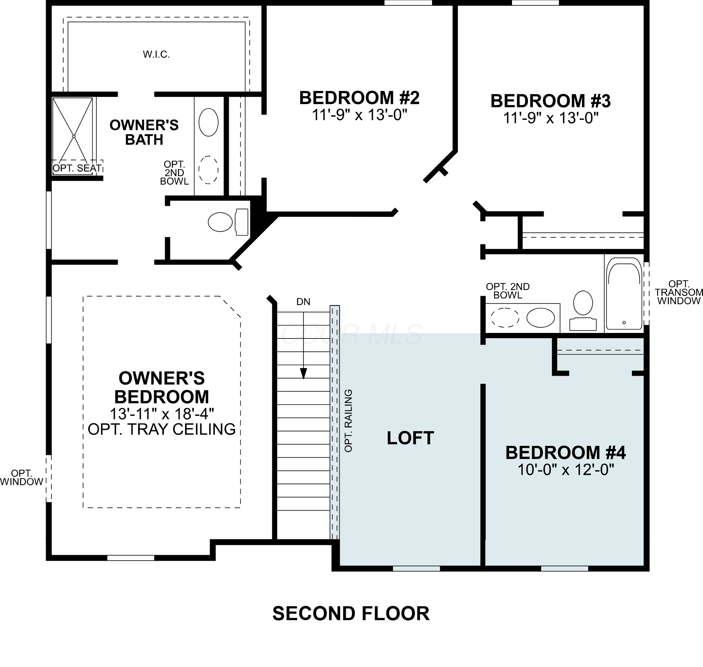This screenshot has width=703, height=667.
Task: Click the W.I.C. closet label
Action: [x=156, y=54]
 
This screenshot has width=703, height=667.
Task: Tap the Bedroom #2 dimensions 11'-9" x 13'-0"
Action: [x=359, y=115]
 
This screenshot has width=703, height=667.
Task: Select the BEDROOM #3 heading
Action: [x=550, y=101]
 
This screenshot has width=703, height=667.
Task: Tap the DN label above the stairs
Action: [x=303, y=302]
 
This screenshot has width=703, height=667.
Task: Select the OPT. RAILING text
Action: [x=348, y=421]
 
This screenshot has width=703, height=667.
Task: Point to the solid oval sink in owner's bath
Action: [x=208, y=122]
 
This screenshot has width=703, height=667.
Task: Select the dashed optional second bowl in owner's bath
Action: [x=208, y=170]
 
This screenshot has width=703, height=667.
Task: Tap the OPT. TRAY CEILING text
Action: [x=162, y=429]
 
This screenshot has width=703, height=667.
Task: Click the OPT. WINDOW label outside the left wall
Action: [x=22, y=477]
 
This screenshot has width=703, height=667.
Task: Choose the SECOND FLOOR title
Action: [x=351, y=614]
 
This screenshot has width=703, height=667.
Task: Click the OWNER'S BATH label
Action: [x=144, y=132]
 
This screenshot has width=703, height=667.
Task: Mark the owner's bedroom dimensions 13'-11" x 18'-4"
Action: [x=162, y=414]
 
